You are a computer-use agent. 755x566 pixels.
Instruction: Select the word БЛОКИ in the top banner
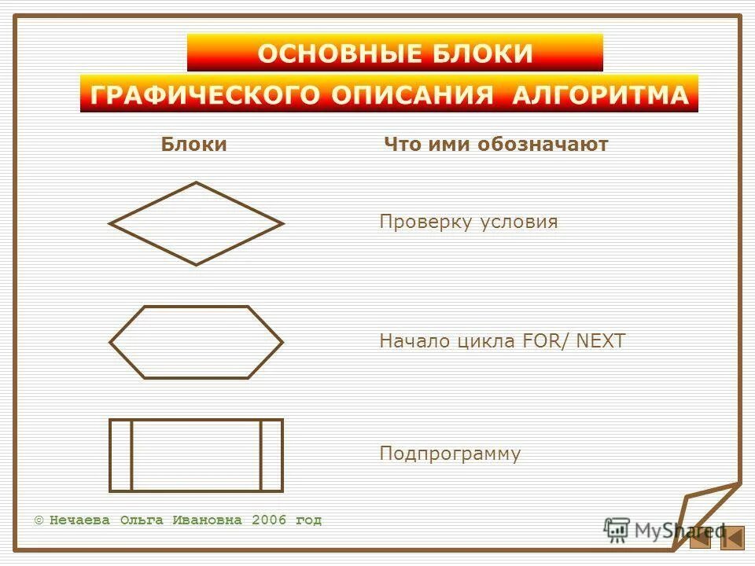point(482,53)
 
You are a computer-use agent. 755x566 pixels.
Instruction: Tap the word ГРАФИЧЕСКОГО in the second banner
point(205,95)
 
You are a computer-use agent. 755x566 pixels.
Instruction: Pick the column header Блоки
point(193,145)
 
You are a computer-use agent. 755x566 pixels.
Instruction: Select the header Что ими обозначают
point(495,145)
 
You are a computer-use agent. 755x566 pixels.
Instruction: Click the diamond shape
point(196,224)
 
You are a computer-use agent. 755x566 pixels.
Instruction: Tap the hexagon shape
point(196,342)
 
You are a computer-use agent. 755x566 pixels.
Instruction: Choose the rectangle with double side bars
point(196,455)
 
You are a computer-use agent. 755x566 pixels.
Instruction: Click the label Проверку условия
point(469,222)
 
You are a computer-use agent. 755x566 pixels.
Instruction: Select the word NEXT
point(601,341)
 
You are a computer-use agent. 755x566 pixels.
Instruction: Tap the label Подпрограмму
point(450,454)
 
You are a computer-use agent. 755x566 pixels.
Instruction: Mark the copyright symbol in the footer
point(39,520)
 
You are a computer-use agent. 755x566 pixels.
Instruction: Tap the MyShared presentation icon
point(617,530)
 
